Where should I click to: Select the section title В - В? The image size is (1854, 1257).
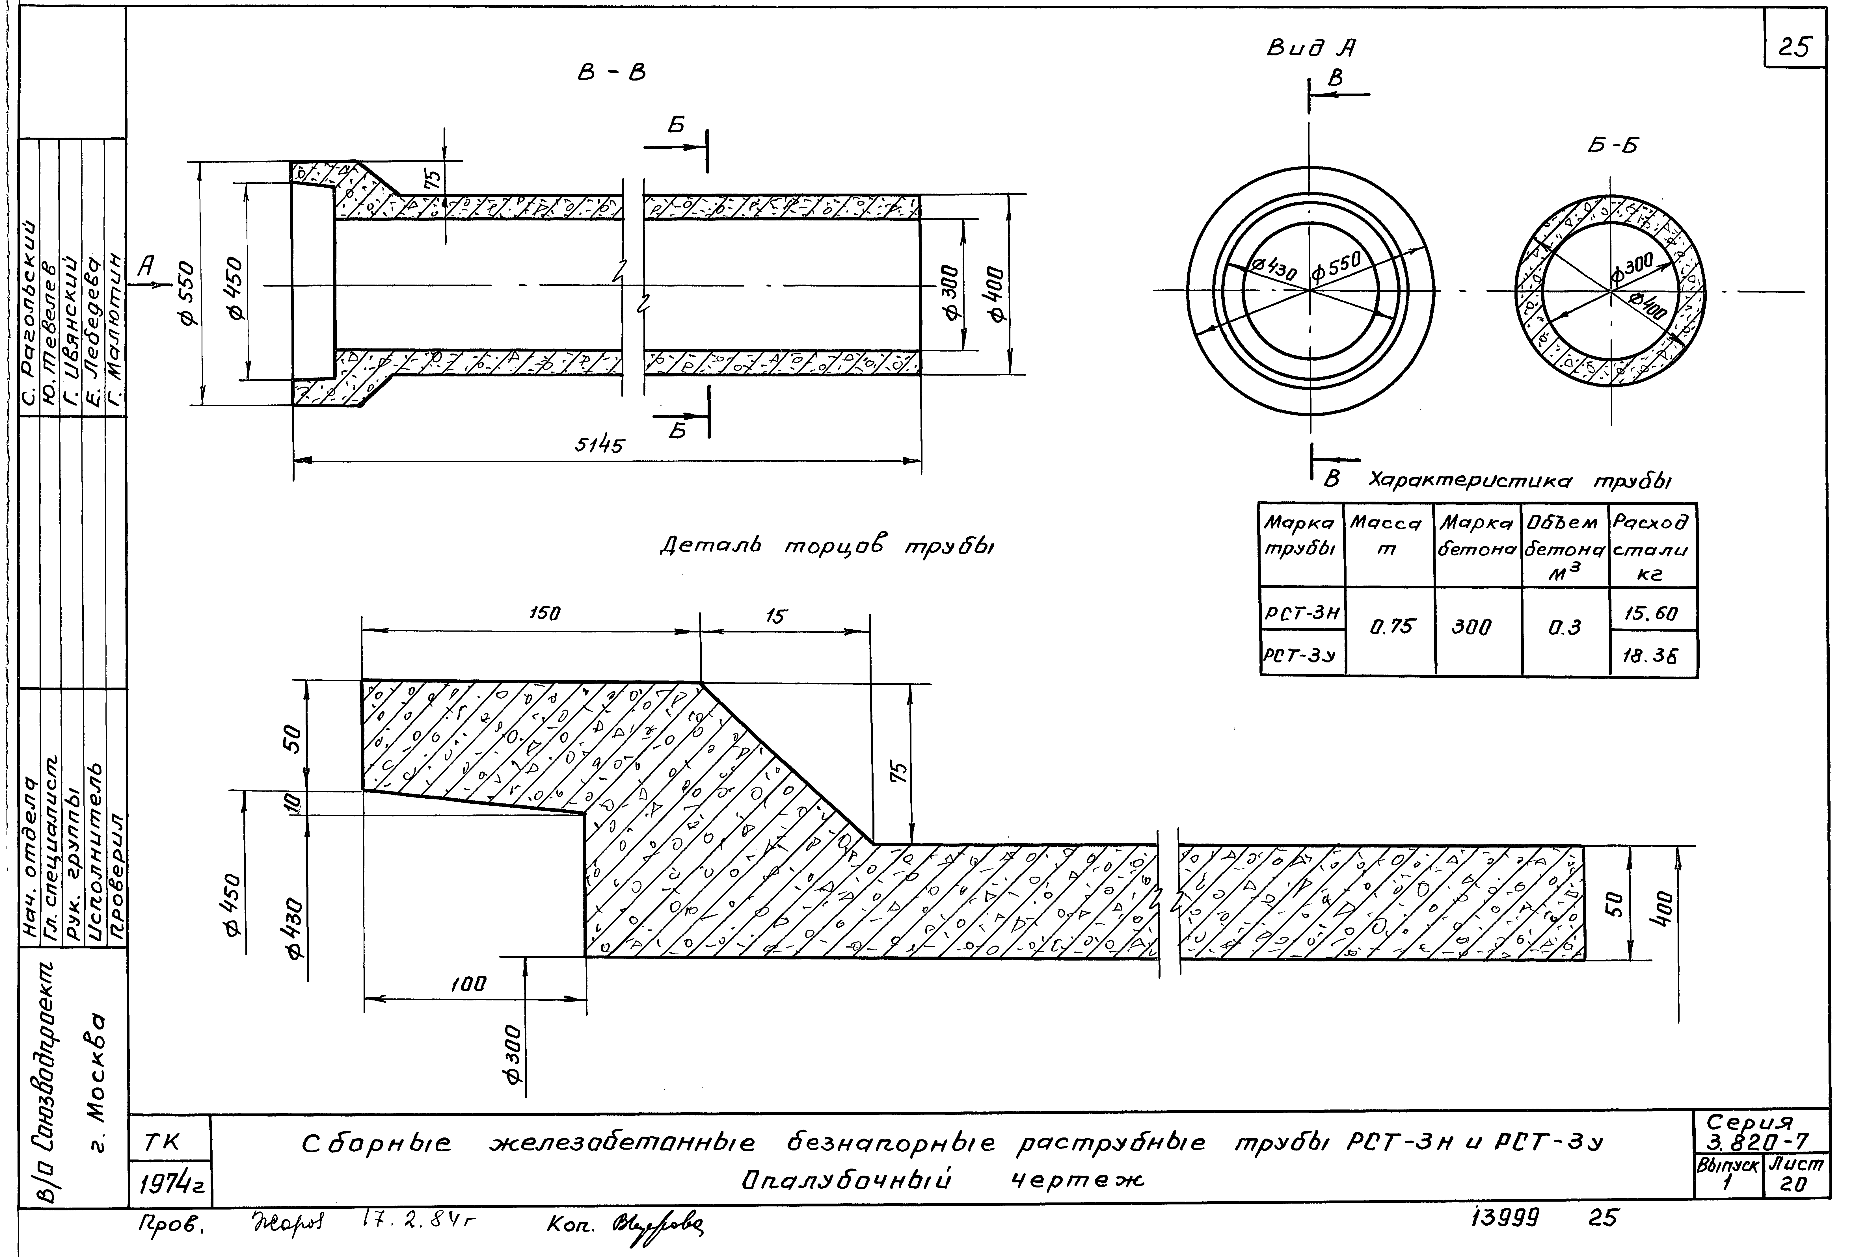pyautogui.click(x=611, y=73)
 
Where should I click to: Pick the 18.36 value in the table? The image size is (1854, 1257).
pyautogui.click(x=1650, y=656)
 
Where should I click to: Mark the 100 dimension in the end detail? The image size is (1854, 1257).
pyautogui.click(x=468, y=984)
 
